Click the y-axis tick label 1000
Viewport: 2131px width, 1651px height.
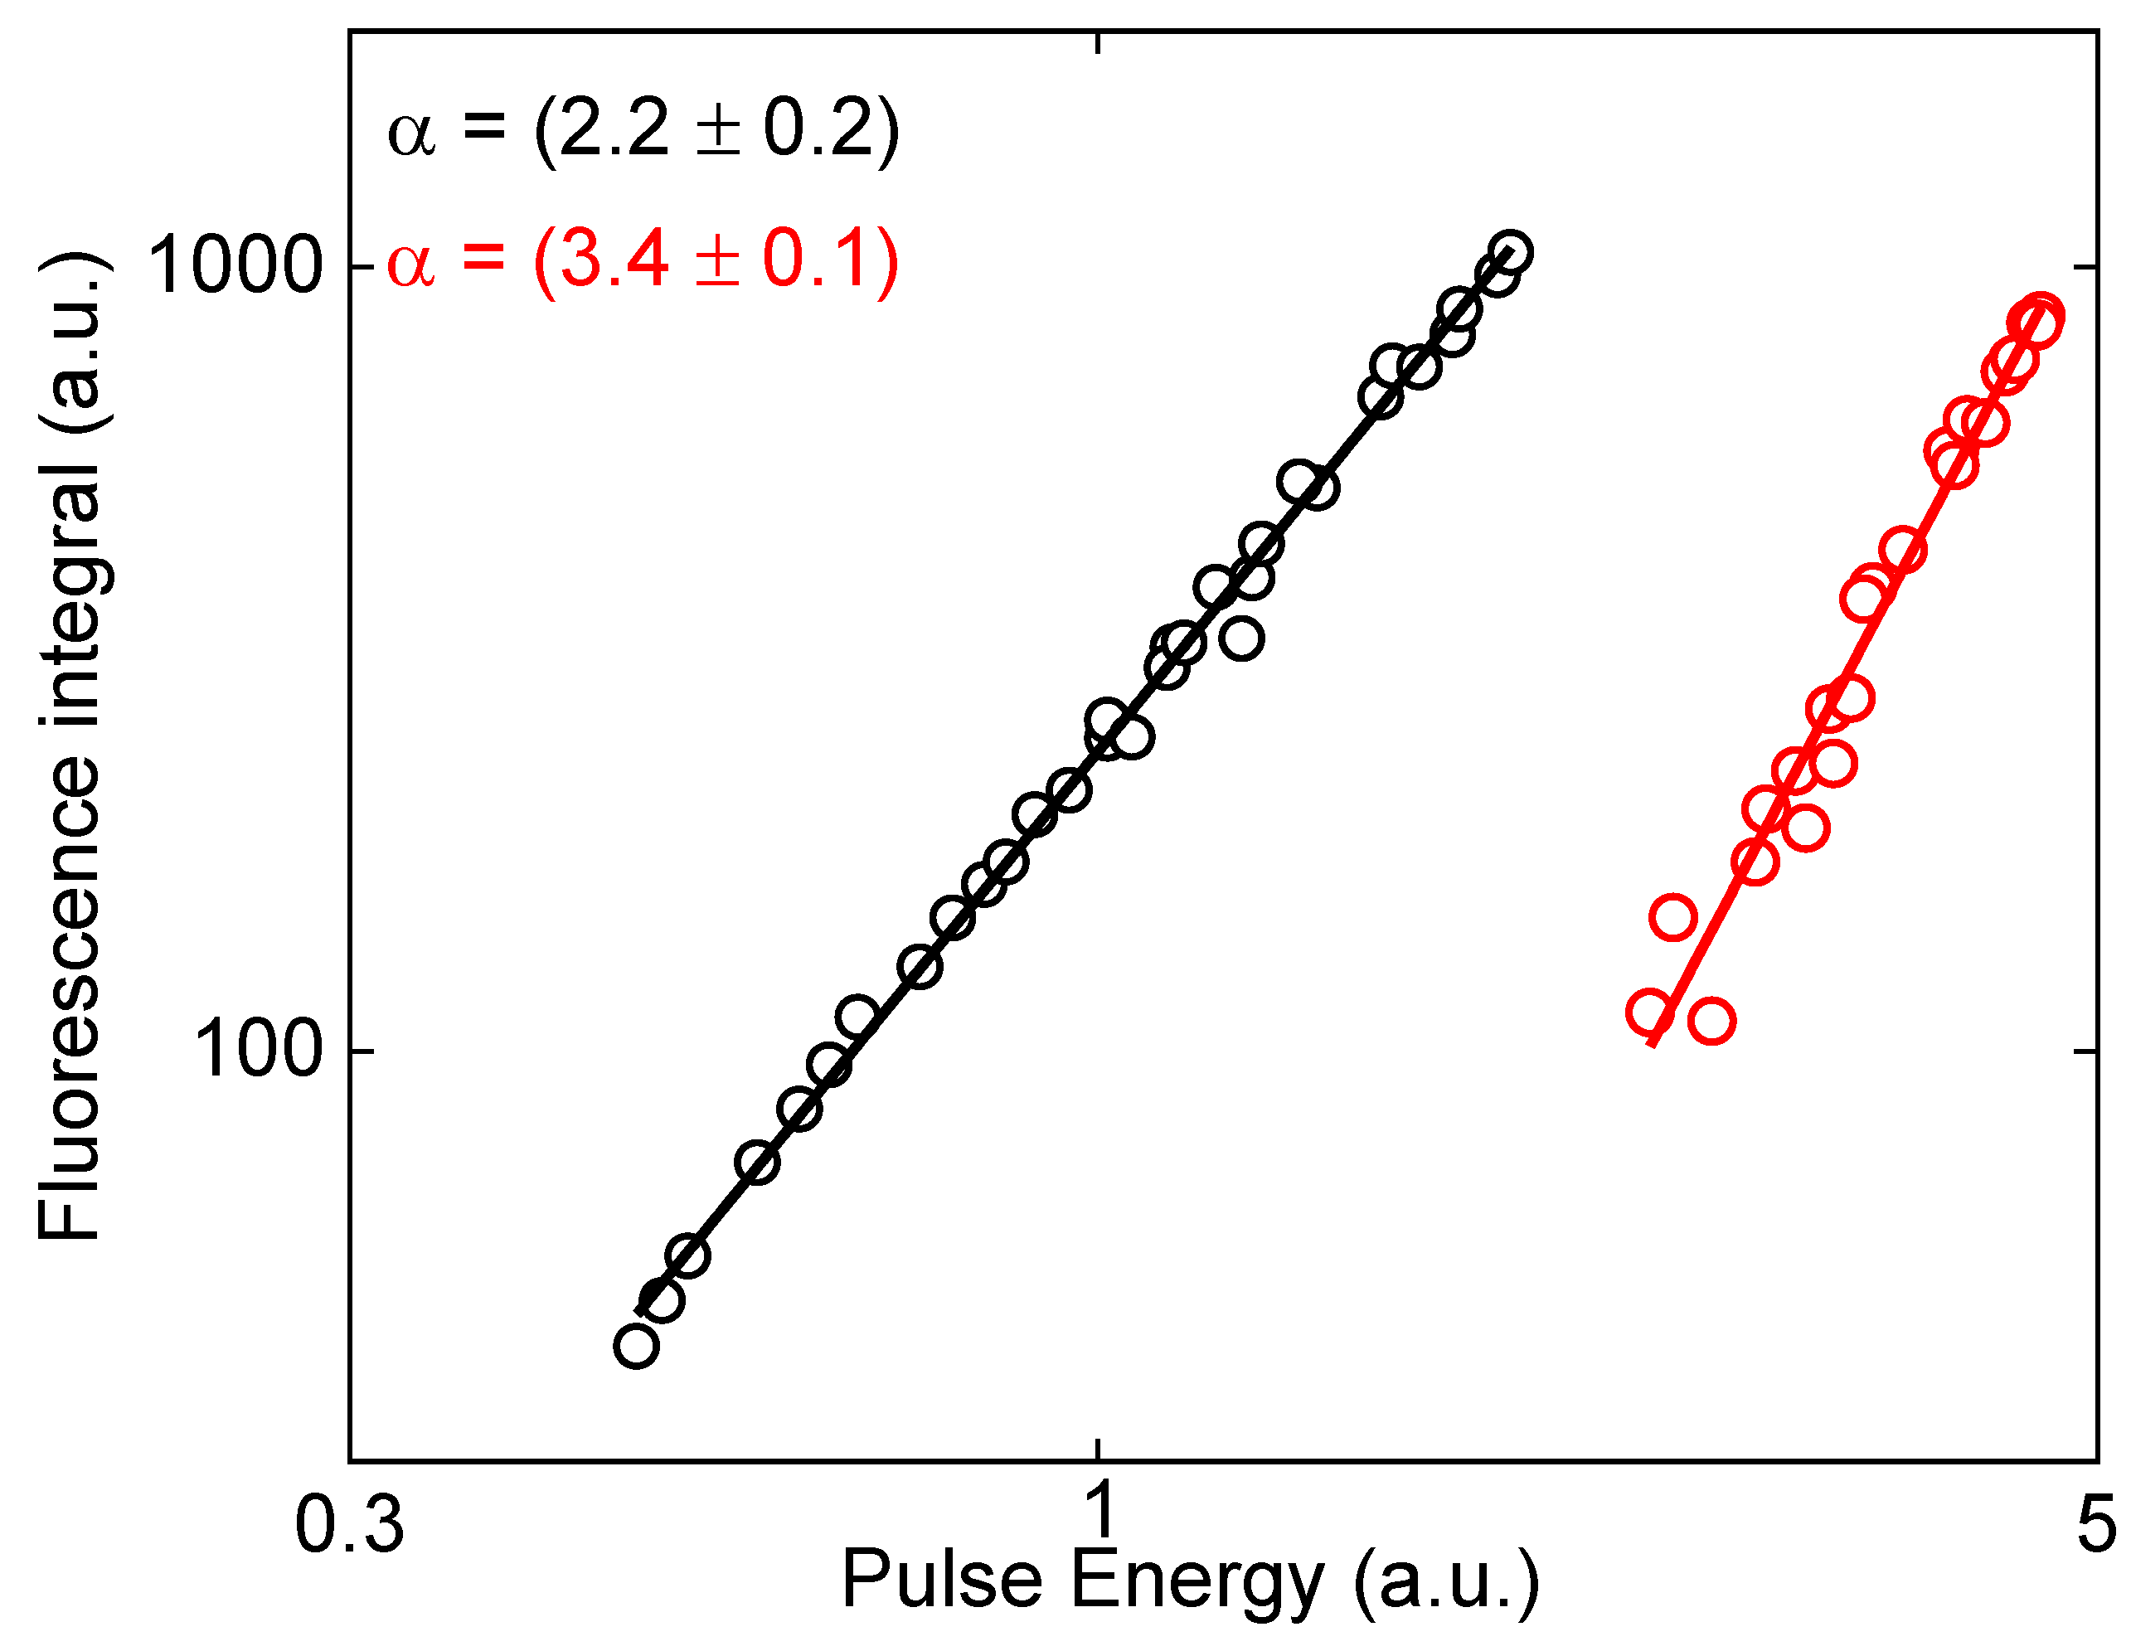tap(233, 266)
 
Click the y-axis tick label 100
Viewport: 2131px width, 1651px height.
tap(258, 1051)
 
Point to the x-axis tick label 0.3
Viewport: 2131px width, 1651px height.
tap(348, 1524)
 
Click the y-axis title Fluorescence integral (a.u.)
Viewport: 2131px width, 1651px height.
tap(70, 747)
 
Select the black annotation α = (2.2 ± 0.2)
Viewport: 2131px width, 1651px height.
tap(643, 130)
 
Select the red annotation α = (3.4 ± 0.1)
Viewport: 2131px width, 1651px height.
tap(643, 260)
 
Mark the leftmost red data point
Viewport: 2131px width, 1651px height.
tap(1649, 1012)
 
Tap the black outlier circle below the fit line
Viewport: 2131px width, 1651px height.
tap(1242, 639)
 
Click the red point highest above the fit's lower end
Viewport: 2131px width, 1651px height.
tap(1673, 917)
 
